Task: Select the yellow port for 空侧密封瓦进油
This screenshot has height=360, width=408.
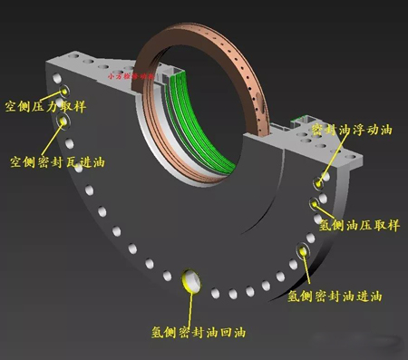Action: click(x=64, y=120)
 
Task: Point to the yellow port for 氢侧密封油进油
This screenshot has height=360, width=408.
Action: click(x=301, y=252)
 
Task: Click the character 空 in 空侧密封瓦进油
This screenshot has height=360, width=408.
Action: click(x=15, y=163)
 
